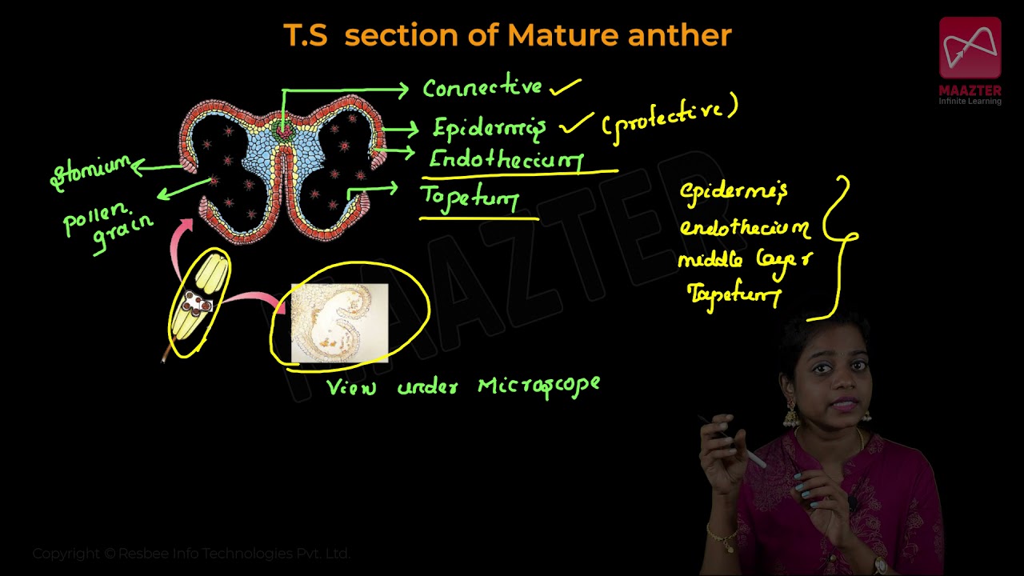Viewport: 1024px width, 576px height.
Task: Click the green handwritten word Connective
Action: pos(482,87)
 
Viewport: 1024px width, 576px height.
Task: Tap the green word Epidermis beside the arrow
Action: pos(489,128)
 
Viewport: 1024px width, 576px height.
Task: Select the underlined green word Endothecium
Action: pos(506,158)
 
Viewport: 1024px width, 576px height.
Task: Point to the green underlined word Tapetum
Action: pos(470,197)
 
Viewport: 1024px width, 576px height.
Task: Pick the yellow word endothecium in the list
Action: pos(744,228)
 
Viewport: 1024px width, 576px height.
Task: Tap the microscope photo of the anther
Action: pos(339,322)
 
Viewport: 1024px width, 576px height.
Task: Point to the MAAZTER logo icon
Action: pos(970,49)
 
